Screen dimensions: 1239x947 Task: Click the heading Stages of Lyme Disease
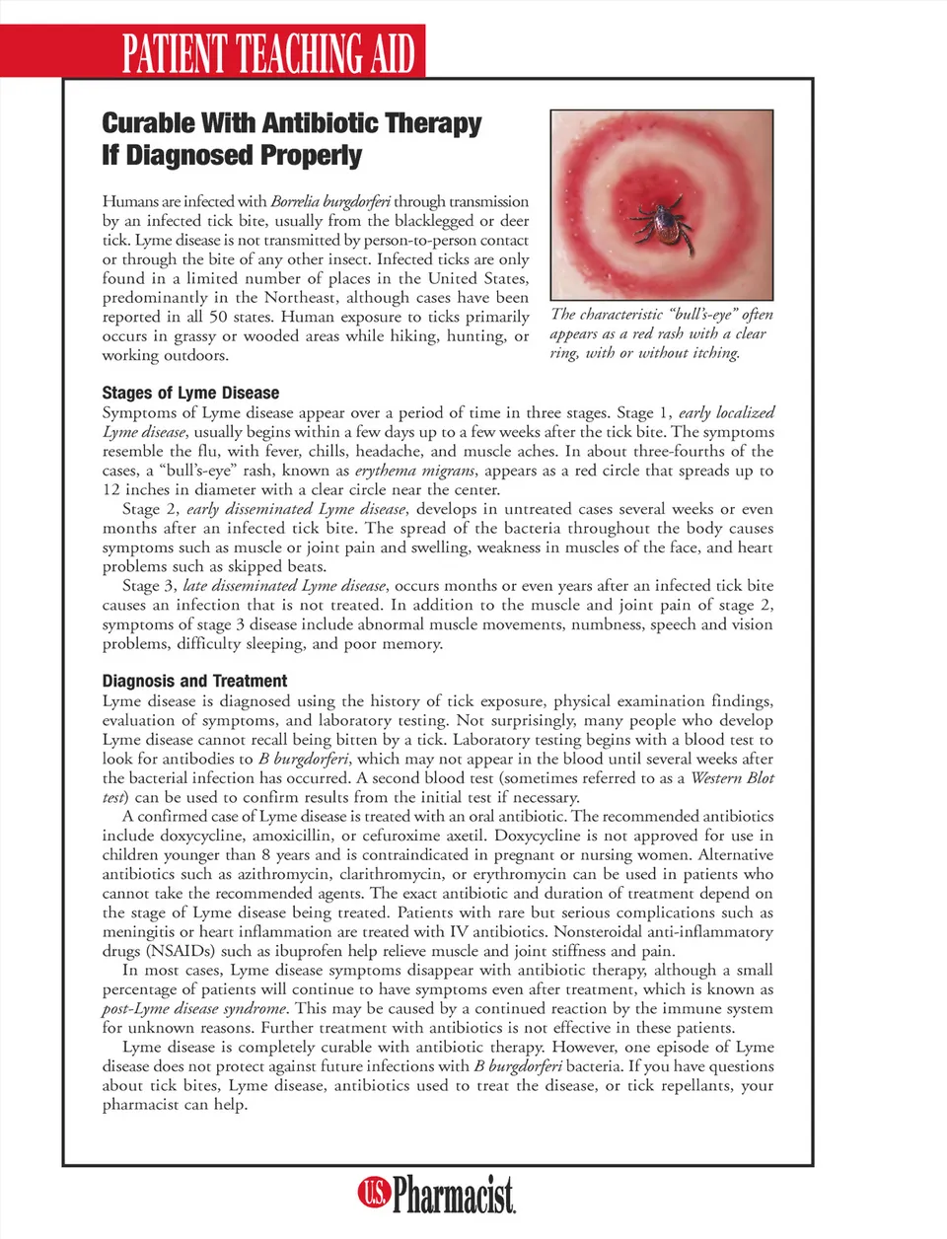tap(190, 393)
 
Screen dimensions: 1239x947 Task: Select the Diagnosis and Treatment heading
tap(194, 681)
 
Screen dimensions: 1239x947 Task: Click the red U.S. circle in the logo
tap(374, 1193)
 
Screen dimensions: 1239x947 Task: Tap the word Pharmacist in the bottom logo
tap(454, 1195)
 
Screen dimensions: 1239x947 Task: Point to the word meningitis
tap(138, 932)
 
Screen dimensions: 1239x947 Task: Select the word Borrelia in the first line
tap(294, 201)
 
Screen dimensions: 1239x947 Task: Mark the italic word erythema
tap(387, 471)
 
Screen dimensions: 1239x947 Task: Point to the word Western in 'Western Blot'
tap(719, 778)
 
